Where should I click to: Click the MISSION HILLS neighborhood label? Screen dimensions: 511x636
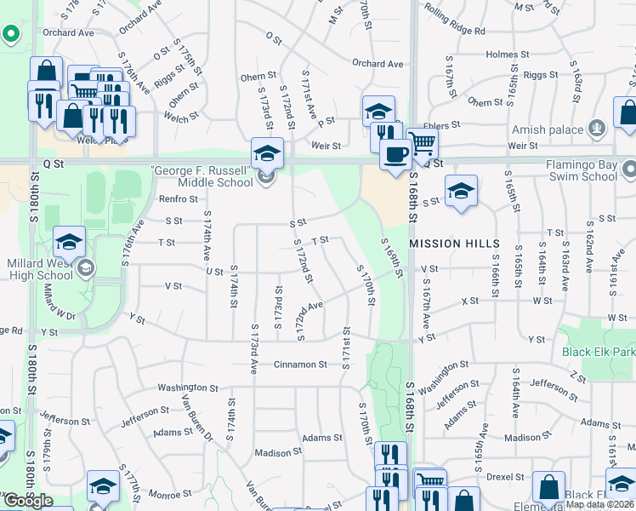454,244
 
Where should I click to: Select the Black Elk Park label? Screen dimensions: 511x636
598,352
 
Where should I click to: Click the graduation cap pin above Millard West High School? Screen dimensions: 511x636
70,242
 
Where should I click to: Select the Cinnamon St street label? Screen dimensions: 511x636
300,365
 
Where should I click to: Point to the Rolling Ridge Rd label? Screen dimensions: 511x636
456,31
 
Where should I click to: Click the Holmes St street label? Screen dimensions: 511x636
508,55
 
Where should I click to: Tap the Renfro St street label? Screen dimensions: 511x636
178,199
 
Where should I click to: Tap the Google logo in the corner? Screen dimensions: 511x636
29,501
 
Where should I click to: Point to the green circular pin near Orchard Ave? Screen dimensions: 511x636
11,35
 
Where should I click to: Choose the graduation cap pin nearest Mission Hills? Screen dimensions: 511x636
461,192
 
